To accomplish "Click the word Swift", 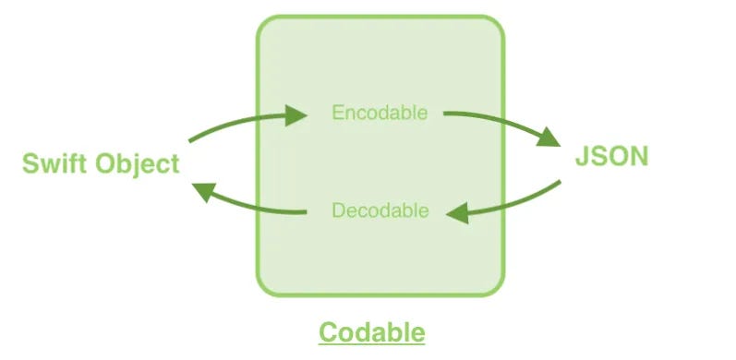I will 54,164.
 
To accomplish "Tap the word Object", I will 137,165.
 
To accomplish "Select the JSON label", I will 611,156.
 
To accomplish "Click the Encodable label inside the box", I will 380,114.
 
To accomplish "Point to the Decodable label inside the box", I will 380,210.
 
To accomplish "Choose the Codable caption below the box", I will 372,332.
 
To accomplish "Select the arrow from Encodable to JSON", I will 503,124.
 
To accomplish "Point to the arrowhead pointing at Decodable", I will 458,214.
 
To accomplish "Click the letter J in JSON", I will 583,156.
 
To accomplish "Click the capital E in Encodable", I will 338,114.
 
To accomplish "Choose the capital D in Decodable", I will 338,210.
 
